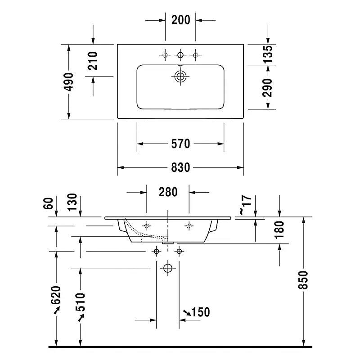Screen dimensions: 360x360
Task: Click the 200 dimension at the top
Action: pos(181,20)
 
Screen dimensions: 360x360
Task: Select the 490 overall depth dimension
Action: pos(68,82)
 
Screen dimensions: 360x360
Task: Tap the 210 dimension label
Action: pos(93,61)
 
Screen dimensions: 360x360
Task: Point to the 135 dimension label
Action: pos(268,54)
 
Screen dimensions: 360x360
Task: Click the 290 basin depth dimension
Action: pos(267,88)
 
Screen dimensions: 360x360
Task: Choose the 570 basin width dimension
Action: pos(181,144)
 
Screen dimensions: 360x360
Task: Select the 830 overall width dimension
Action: pos(181,167)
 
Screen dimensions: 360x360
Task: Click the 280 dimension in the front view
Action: pos(168,192)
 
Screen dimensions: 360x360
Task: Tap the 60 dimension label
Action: pos(48,203)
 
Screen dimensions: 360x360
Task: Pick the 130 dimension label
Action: pos(72,202)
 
